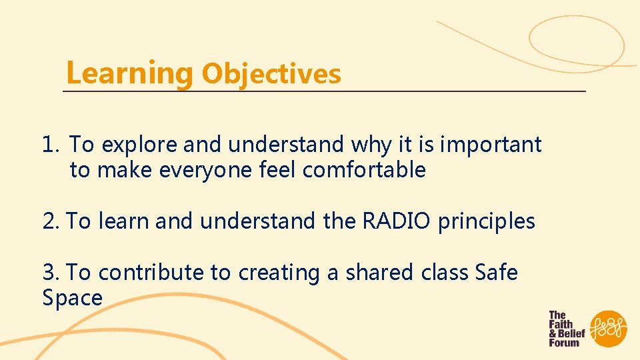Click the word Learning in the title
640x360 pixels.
click(x=129, y=72)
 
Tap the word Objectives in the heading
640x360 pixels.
click(x=271, y=73)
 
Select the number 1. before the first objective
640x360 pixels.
click(x=52, y=144)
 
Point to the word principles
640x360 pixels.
click(x=486, y=222)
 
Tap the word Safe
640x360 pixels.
click(x=496, y=273)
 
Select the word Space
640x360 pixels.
click(x=72, y=298)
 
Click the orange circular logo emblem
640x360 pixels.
click(x=609, y=329)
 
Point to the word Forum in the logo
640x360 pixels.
click(x=564, y=343)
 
